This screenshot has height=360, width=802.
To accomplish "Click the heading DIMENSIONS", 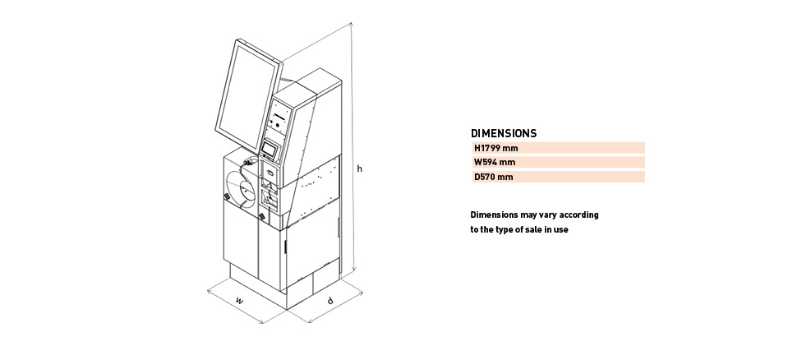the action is (503, 133).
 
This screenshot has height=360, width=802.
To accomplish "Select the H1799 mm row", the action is (558, 148).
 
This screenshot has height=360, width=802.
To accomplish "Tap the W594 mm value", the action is (494, 163).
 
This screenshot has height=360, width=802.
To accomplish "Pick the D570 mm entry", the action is (493, 177).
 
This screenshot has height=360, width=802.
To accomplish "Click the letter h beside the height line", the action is (360, 168).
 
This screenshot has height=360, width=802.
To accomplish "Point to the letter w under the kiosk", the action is (239, 301).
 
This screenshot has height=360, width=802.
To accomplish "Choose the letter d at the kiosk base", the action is (330, 301).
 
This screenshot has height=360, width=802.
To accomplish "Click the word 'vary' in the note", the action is (547, 215).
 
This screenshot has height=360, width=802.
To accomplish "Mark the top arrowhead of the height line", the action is (352, 25).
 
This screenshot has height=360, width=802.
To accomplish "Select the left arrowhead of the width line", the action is (210, 292).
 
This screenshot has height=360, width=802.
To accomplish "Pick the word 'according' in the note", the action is (578, 215).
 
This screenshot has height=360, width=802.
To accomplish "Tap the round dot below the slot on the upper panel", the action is (278, 125).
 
